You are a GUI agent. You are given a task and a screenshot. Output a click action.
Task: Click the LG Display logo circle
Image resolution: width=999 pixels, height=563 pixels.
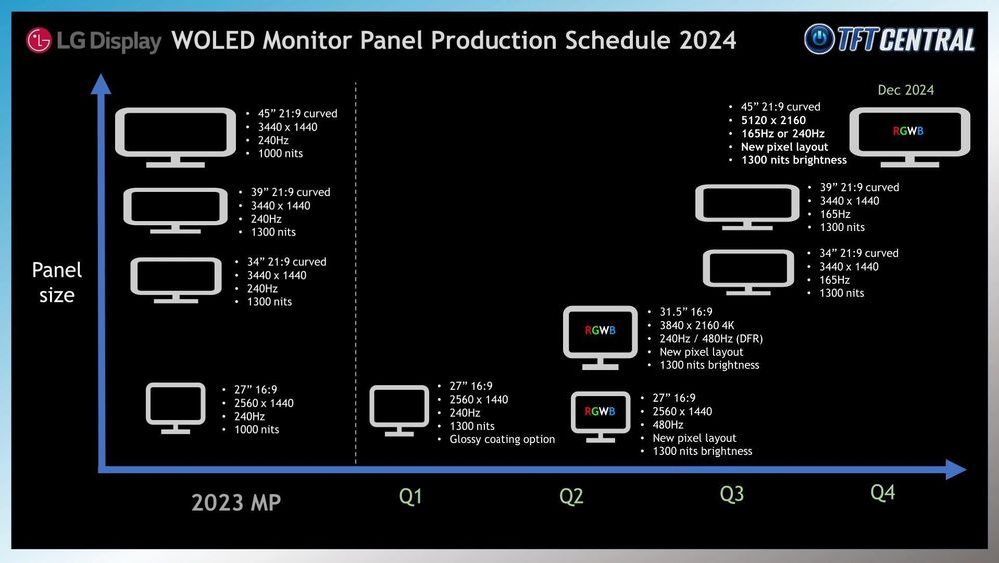point(39,40)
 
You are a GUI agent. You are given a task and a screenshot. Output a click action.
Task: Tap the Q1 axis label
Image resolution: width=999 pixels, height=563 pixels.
point(410,496)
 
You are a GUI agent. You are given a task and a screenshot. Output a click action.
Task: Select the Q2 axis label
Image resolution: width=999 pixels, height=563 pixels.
point(571,496)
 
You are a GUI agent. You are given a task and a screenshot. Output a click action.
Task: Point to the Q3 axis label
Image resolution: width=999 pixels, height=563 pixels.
point(732,493)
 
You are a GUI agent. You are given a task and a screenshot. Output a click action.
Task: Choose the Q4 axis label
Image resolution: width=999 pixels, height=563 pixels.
point(883,492)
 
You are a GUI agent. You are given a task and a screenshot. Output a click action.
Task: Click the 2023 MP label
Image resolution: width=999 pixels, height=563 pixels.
point(236,502)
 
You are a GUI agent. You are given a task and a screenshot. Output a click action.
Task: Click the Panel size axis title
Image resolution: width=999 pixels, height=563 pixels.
point(57,282)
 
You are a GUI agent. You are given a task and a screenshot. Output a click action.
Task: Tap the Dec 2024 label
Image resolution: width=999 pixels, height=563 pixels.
point(906,90)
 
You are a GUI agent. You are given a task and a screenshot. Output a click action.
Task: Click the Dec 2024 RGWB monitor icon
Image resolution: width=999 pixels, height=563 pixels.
point(909,133)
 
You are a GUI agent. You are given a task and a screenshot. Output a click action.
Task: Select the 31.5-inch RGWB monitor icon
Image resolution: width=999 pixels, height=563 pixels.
point(599,333)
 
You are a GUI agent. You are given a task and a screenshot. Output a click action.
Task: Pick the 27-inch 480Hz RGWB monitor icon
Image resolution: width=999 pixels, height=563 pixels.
point(600,415)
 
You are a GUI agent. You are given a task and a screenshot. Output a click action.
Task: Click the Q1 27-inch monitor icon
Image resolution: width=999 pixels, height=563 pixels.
point(399,409)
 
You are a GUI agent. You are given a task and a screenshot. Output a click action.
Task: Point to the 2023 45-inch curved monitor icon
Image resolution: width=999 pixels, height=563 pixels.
point(176,134)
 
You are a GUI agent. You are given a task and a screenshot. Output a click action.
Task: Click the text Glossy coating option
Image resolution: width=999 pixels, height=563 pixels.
point(501,439)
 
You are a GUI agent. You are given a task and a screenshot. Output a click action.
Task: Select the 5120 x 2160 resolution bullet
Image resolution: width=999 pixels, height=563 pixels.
point(773,121)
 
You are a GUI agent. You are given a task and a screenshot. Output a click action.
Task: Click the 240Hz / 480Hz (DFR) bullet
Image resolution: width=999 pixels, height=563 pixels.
point(711,339)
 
